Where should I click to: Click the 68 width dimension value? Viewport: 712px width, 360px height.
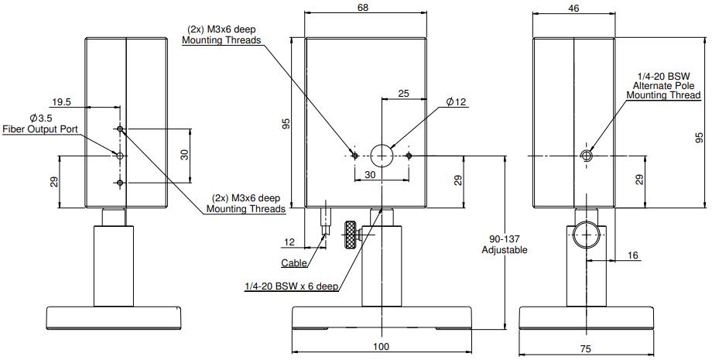coord(363,7)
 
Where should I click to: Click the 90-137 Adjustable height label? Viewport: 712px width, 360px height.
coord(504,244)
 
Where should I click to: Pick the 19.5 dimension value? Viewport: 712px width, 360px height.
coord(62,101)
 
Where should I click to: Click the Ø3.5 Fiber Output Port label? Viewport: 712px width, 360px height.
coord(40,123)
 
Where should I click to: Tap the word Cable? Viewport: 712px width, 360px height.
coord(294,262)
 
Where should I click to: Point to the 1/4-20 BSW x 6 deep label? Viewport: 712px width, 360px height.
coord(291,286)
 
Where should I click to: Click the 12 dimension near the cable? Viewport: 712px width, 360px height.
coord(290,242)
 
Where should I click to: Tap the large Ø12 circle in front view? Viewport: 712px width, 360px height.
coord(382,155)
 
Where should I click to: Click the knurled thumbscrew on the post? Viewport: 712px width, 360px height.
coord(352,235)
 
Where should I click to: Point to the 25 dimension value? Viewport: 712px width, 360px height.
coord(402,94)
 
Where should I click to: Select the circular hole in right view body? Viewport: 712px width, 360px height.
coord(586,156)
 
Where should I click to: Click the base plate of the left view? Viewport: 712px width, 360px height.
coord(114,317)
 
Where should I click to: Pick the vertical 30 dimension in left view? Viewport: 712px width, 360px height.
coord(185,155)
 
